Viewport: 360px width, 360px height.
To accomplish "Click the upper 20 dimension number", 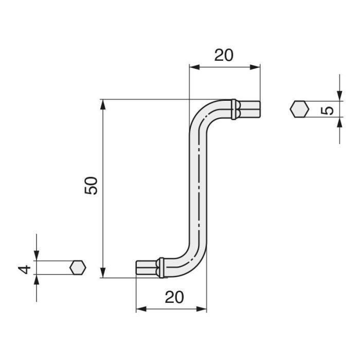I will click(224, 55).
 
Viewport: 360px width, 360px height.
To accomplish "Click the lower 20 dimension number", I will click(175, 297).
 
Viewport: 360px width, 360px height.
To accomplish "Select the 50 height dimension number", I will click(91, 186).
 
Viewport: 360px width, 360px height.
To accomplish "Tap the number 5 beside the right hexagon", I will click(330, 110).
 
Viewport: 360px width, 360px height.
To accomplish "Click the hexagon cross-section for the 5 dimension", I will click(299, 110).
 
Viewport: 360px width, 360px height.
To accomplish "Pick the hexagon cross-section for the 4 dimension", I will click(78, 268).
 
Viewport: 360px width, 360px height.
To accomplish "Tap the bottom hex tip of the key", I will click(146, 268).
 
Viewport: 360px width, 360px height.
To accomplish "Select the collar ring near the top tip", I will click(235, 109).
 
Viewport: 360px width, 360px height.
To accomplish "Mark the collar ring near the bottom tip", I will click(161, 268).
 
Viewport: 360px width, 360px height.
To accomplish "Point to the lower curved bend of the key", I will click(193, 261).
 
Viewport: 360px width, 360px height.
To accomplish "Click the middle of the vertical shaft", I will click(198, 188).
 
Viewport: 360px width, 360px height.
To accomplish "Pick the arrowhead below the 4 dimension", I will click(37, 281).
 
